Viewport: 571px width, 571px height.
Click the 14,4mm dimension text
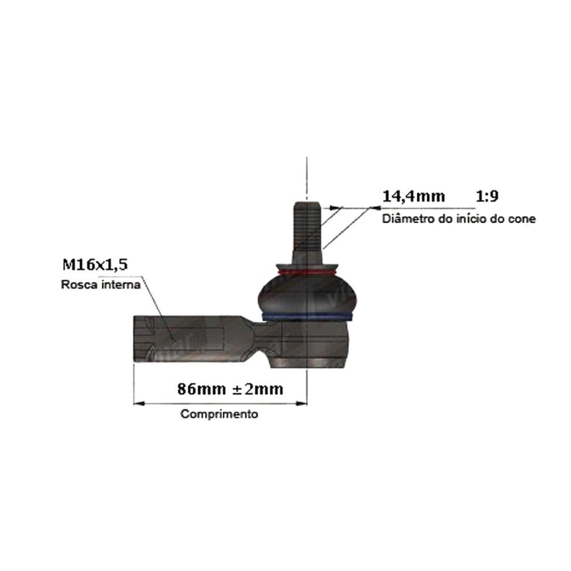point(413,197)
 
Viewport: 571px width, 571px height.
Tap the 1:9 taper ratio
point(487,196)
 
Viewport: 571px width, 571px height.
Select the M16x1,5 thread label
point(95,265)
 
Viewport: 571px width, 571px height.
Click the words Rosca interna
point(101,284)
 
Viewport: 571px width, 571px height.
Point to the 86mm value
point(201,389)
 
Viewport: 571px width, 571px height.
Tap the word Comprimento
point(219,414)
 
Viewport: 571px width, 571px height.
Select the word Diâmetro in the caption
point(405,219)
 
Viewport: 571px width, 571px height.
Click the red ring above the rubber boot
point(307,273)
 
